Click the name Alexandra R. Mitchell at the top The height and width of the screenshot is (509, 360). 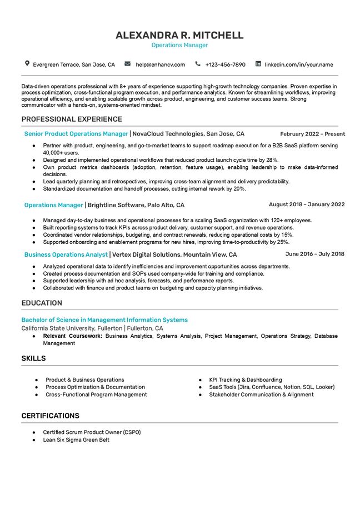point(179,35)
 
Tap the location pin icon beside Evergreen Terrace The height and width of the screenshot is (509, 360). point(27,64)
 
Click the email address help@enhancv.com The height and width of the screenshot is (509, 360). point(160,64)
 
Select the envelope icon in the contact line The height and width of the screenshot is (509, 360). point(127,64)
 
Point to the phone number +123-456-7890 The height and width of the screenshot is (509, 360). point(225,64)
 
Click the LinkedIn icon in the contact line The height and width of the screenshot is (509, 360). point(258,64)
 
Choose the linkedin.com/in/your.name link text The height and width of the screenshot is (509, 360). point(298,64)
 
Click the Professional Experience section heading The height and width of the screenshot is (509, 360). point(72,119)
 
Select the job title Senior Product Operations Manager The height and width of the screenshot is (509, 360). point(76,134)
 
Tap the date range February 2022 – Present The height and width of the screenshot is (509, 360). point(312,134)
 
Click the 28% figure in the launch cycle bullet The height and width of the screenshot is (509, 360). point(272,160)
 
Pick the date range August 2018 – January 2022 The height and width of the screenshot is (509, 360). point(307,204)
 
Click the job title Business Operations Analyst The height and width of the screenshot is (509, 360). point(66,255)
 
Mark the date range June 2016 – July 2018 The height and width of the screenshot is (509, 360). point(314,254)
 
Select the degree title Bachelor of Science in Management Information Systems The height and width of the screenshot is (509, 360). point(104,320)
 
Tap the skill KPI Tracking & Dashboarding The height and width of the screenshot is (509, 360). point(245,380)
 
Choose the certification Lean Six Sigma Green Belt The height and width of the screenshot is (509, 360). point(76,440)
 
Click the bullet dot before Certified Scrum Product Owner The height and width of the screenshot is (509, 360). point(34,432)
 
